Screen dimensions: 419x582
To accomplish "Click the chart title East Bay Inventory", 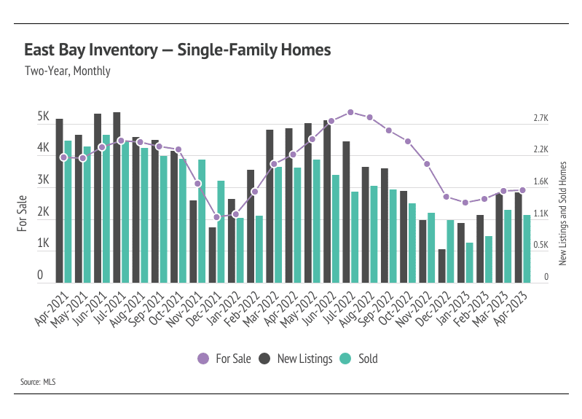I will [x=178, y=50].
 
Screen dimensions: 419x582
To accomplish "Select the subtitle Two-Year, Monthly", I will [x=67, y=71].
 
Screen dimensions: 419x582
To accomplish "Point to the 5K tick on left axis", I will [x=43, y=117].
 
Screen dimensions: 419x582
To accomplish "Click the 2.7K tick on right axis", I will [x=540, y=118].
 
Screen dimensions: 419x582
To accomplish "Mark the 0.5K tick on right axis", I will [x=540, y=246].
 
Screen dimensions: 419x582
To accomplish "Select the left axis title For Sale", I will [x=23, y=213].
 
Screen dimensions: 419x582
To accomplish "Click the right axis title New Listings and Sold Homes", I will [x=562, y=213].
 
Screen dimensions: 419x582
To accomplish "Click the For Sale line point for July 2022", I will [x=350, y=112].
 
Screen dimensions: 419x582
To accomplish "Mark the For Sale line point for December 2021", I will [x=216, y=217].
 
